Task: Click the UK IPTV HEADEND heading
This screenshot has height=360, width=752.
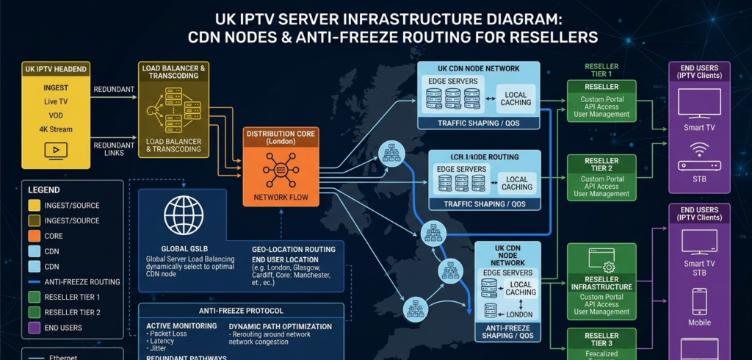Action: tap(57, 69)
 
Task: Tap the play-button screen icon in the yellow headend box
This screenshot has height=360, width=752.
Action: tap(56, 150)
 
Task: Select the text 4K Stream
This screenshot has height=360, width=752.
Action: tap(56, 129)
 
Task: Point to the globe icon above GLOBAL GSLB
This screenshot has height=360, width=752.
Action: tap(183, 215)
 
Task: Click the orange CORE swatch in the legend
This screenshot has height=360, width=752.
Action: tap(35, 236)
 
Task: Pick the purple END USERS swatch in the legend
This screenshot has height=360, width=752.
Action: tap(35, 328)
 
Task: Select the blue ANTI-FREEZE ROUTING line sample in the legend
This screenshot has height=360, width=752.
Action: tap(35, 281)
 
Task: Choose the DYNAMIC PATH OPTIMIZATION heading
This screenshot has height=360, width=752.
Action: tap(280, 326)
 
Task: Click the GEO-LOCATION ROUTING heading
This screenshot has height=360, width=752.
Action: tap(293, 249)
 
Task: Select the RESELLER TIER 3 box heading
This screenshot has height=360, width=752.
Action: tap(601, 339)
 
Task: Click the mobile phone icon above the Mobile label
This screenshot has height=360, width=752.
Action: tap(699, 301)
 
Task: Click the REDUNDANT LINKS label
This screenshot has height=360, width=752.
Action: tap(113, 149)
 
